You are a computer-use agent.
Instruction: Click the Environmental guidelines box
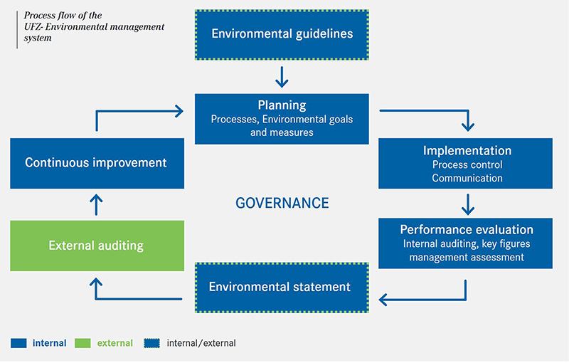point(282,33)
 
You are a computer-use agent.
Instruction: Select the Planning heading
point(282,105)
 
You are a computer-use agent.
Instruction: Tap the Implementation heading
point(467,151)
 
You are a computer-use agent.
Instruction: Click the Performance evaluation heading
point(467,230)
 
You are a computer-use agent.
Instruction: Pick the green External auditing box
point(97,246)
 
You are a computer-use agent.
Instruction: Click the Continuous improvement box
point(97,162)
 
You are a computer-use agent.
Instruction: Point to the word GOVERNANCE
point(282,203)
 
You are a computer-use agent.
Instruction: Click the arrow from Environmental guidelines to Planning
point(282,76)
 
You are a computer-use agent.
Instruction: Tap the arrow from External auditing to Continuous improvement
point(97,205)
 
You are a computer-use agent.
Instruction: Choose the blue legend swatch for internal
point(18,343)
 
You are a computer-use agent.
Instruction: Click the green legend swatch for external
point(84,343)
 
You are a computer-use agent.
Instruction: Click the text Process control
point(467,165)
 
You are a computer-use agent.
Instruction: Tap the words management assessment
point(467,257)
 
